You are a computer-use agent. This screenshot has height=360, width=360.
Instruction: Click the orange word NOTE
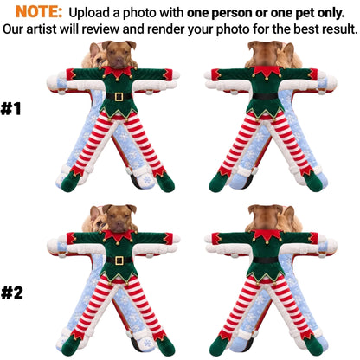39,12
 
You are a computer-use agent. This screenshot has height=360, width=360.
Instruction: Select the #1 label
11,109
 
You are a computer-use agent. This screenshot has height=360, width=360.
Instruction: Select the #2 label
12,292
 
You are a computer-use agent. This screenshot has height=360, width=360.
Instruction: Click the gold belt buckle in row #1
119,96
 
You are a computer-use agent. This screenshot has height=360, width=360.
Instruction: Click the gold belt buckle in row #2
119,260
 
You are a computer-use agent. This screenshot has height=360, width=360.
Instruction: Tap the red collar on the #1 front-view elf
117,72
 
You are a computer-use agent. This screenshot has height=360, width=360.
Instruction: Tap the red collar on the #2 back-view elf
267,235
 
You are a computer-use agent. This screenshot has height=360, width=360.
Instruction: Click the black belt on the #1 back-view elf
265,96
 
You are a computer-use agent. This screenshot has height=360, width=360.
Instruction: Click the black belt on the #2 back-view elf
266,260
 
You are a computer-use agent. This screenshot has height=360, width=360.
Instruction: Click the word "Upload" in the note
86,13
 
